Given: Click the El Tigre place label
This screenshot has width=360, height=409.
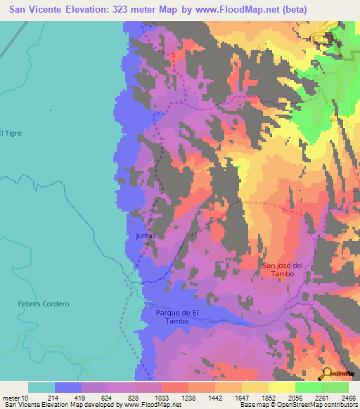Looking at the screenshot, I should tap(11, 133).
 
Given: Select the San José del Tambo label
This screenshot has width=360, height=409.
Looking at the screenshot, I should tap(283, 270).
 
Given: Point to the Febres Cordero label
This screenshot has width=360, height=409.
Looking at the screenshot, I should tap(44, 304).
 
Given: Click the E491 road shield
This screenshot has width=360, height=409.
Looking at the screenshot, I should tap(321, 37).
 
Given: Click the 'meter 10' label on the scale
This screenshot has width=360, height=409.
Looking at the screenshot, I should tap(15, 398).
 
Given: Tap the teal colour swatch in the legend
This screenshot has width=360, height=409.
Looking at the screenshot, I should tap(41, 387).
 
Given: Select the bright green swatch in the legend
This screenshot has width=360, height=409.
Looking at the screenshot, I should tap(308, 387).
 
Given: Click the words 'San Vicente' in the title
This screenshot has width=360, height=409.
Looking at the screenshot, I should tap(36, 10).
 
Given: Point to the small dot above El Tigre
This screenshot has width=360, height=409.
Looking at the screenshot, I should tap(50, 110).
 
